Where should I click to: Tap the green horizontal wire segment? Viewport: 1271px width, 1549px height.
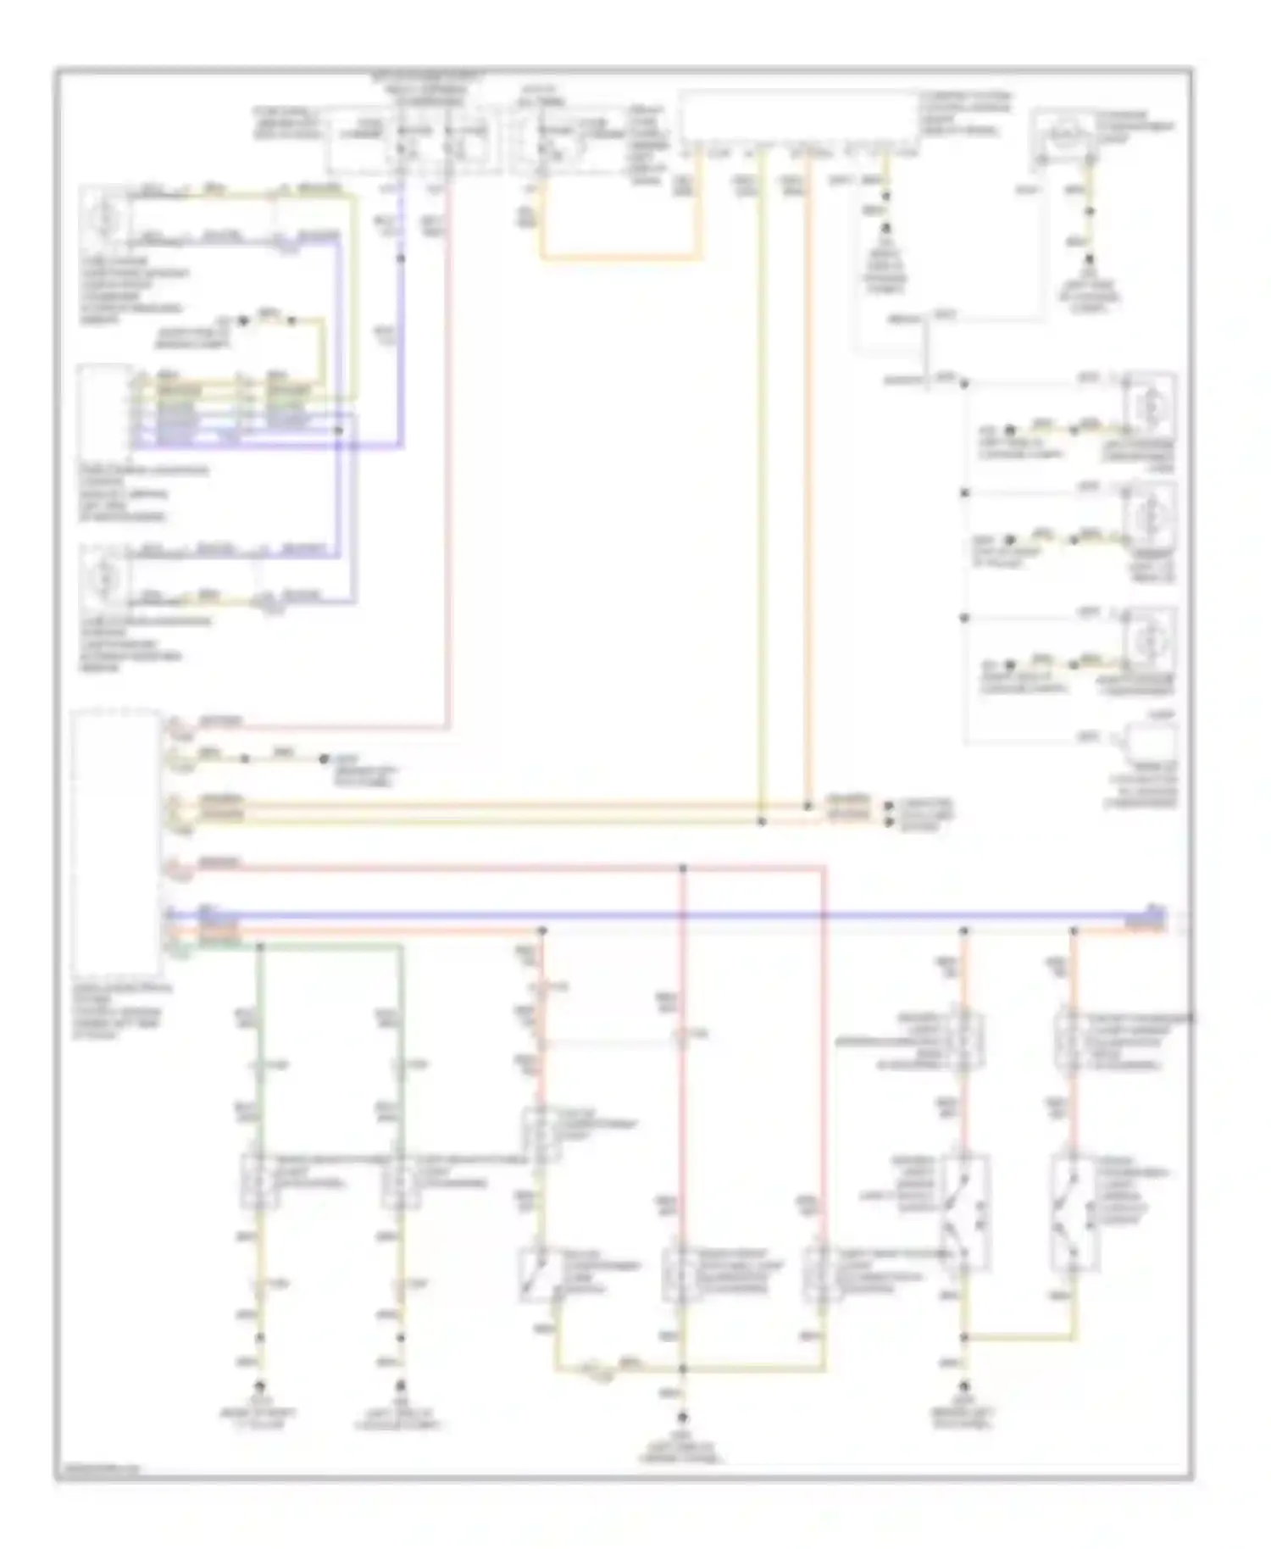pyautogui.click(x=330, y=945)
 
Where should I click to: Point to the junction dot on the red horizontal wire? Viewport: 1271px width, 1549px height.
pyautogui.click(x=683, y=869)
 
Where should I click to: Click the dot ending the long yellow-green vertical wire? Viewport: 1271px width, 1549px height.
pyautogui.click(x=761, y=821)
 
